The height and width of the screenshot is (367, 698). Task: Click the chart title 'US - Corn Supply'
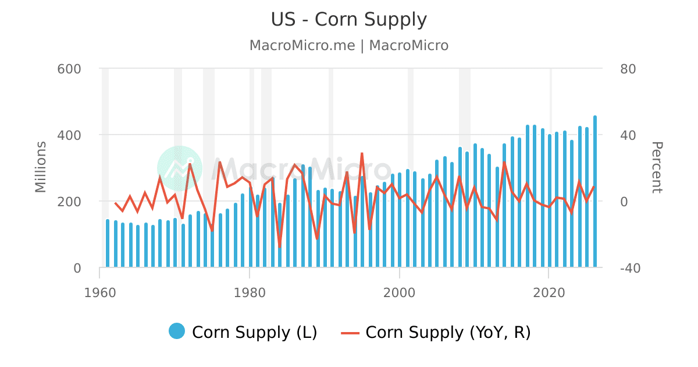point(349,20)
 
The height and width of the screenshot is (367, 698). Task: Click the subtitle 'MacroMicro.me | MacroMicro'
point(349,45)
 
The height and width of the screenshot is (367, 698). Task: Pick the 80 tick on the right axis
point(628,69)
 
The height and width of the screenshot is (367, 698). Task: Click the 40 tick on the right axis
point(628,135)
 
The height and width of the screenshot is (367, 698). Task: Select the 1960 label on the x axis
point(99,292)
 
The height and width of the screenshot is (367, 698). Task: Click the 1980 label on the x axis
point(250,292)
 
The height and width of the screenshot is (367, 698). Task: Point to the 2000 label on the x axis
point(400,292)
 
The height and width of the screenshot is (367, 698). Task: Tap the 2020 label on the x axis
point(549,292)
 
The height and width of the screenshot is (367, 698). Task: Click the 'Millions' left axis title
point(41,167)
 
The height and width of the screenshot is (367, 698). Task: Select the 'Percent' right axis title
point(656,167)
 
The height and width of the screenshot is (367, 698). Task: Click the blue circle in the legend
point(177,331)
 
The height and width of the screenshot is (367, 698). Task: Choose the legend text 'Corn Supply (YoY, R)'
point(448,333)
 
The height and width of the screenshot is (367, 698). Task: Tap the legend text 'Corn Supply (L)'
point(254,333)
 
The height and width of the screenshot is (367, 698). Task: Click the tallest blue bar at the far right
point(594,192)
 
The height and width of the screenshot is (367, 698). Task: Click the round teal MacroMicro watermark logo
point(180,168)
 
